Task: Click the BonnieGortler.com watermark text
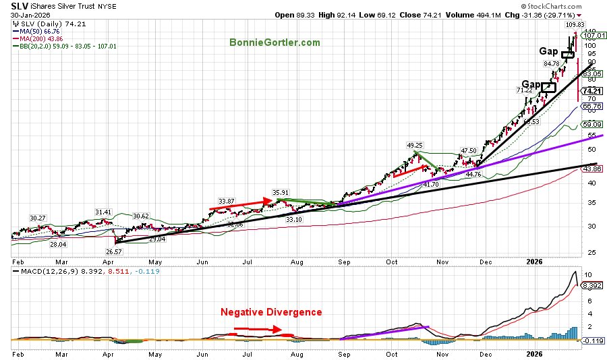click(274, 42)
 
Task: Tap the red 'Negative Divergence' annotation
click(271, 312)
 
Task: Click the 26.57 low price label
click(113, 252)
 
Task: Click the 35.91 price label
click(281, 191)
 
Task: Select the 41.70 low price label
click(430, 184)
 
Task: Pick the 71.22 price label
click(525, 90)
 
